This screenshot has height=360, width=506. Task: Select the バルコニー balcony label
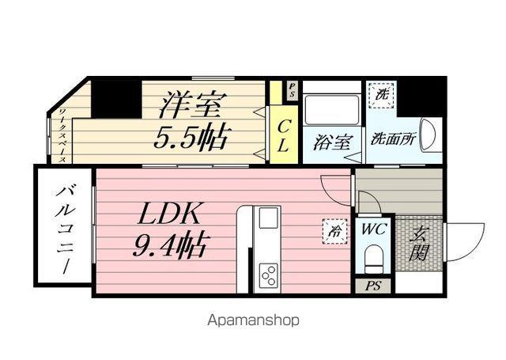[x=63, y=229]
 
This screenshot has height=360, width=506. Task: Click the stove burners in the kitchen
[x=269, y=275]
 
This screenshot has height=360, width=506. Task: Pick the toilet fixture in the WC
[x=372, y=259]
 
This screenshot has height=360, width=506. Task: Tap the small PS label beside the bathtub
[x=292, y=87]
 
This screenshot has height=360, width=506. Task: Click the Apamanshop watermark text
[x=253, y=321]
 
